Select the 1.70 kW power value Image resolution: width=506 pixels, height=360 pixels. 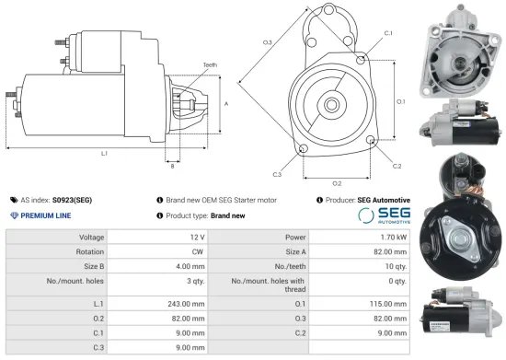point(391,238)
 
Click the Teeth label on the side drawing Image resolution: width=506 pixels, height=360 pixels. point(212,65)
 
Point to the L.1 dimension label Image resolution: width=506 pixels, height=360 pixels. point(103,153)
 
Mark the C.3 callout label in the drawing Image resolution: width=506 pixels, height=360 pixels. point(276,173)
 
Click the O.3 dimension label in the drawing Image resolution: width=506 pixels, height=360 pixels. point(268,42)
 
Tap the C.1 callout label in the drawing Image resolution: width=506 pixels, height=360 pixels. point(387,33)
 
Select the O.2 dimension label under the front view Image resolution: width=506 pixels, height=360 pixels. point(337,183)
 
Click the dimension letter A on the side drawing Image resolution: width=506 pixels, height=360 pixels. point(226,104)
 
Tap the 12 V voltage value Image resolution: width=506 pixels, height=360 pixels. point(197,238)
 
